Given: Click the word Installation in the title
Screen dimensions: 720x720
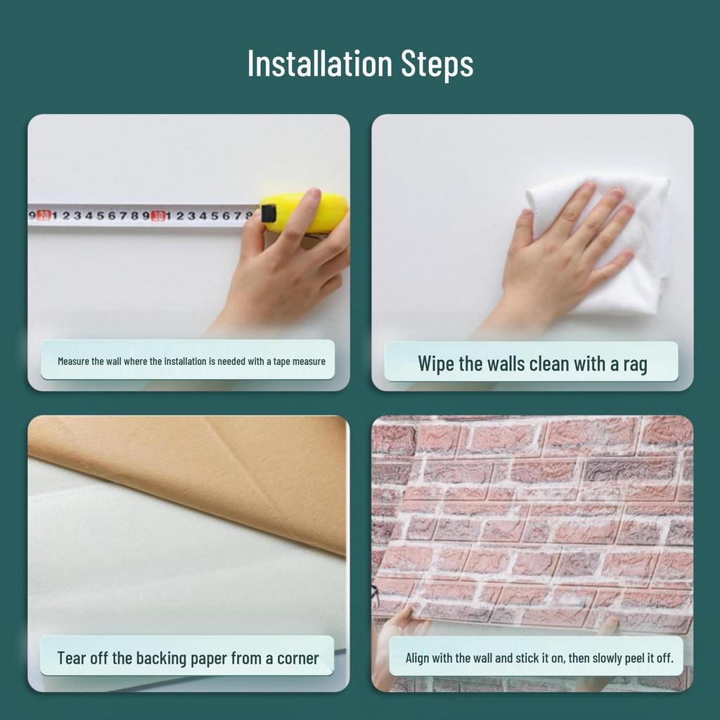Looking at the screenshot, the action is [320, 63].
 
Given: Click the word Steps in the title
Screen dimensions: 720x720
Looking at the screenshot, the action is [437, 64].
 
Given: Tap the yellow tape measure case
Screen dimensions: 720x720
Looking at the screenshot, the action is [304, 212].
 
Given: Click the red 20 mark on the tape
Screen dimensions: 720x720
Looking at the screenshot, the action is [44, 214].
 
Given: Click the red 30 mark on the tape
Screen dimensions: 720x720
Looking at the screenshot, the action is [157, 215].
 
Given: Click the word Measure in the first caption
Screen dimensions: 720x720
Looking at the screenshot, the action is [73, 361].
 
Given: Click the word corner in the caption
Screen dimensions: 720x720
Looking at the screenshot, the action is [298, 658].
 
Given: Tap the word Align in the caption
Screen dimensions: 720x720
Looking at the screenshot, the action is [417, 658].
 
